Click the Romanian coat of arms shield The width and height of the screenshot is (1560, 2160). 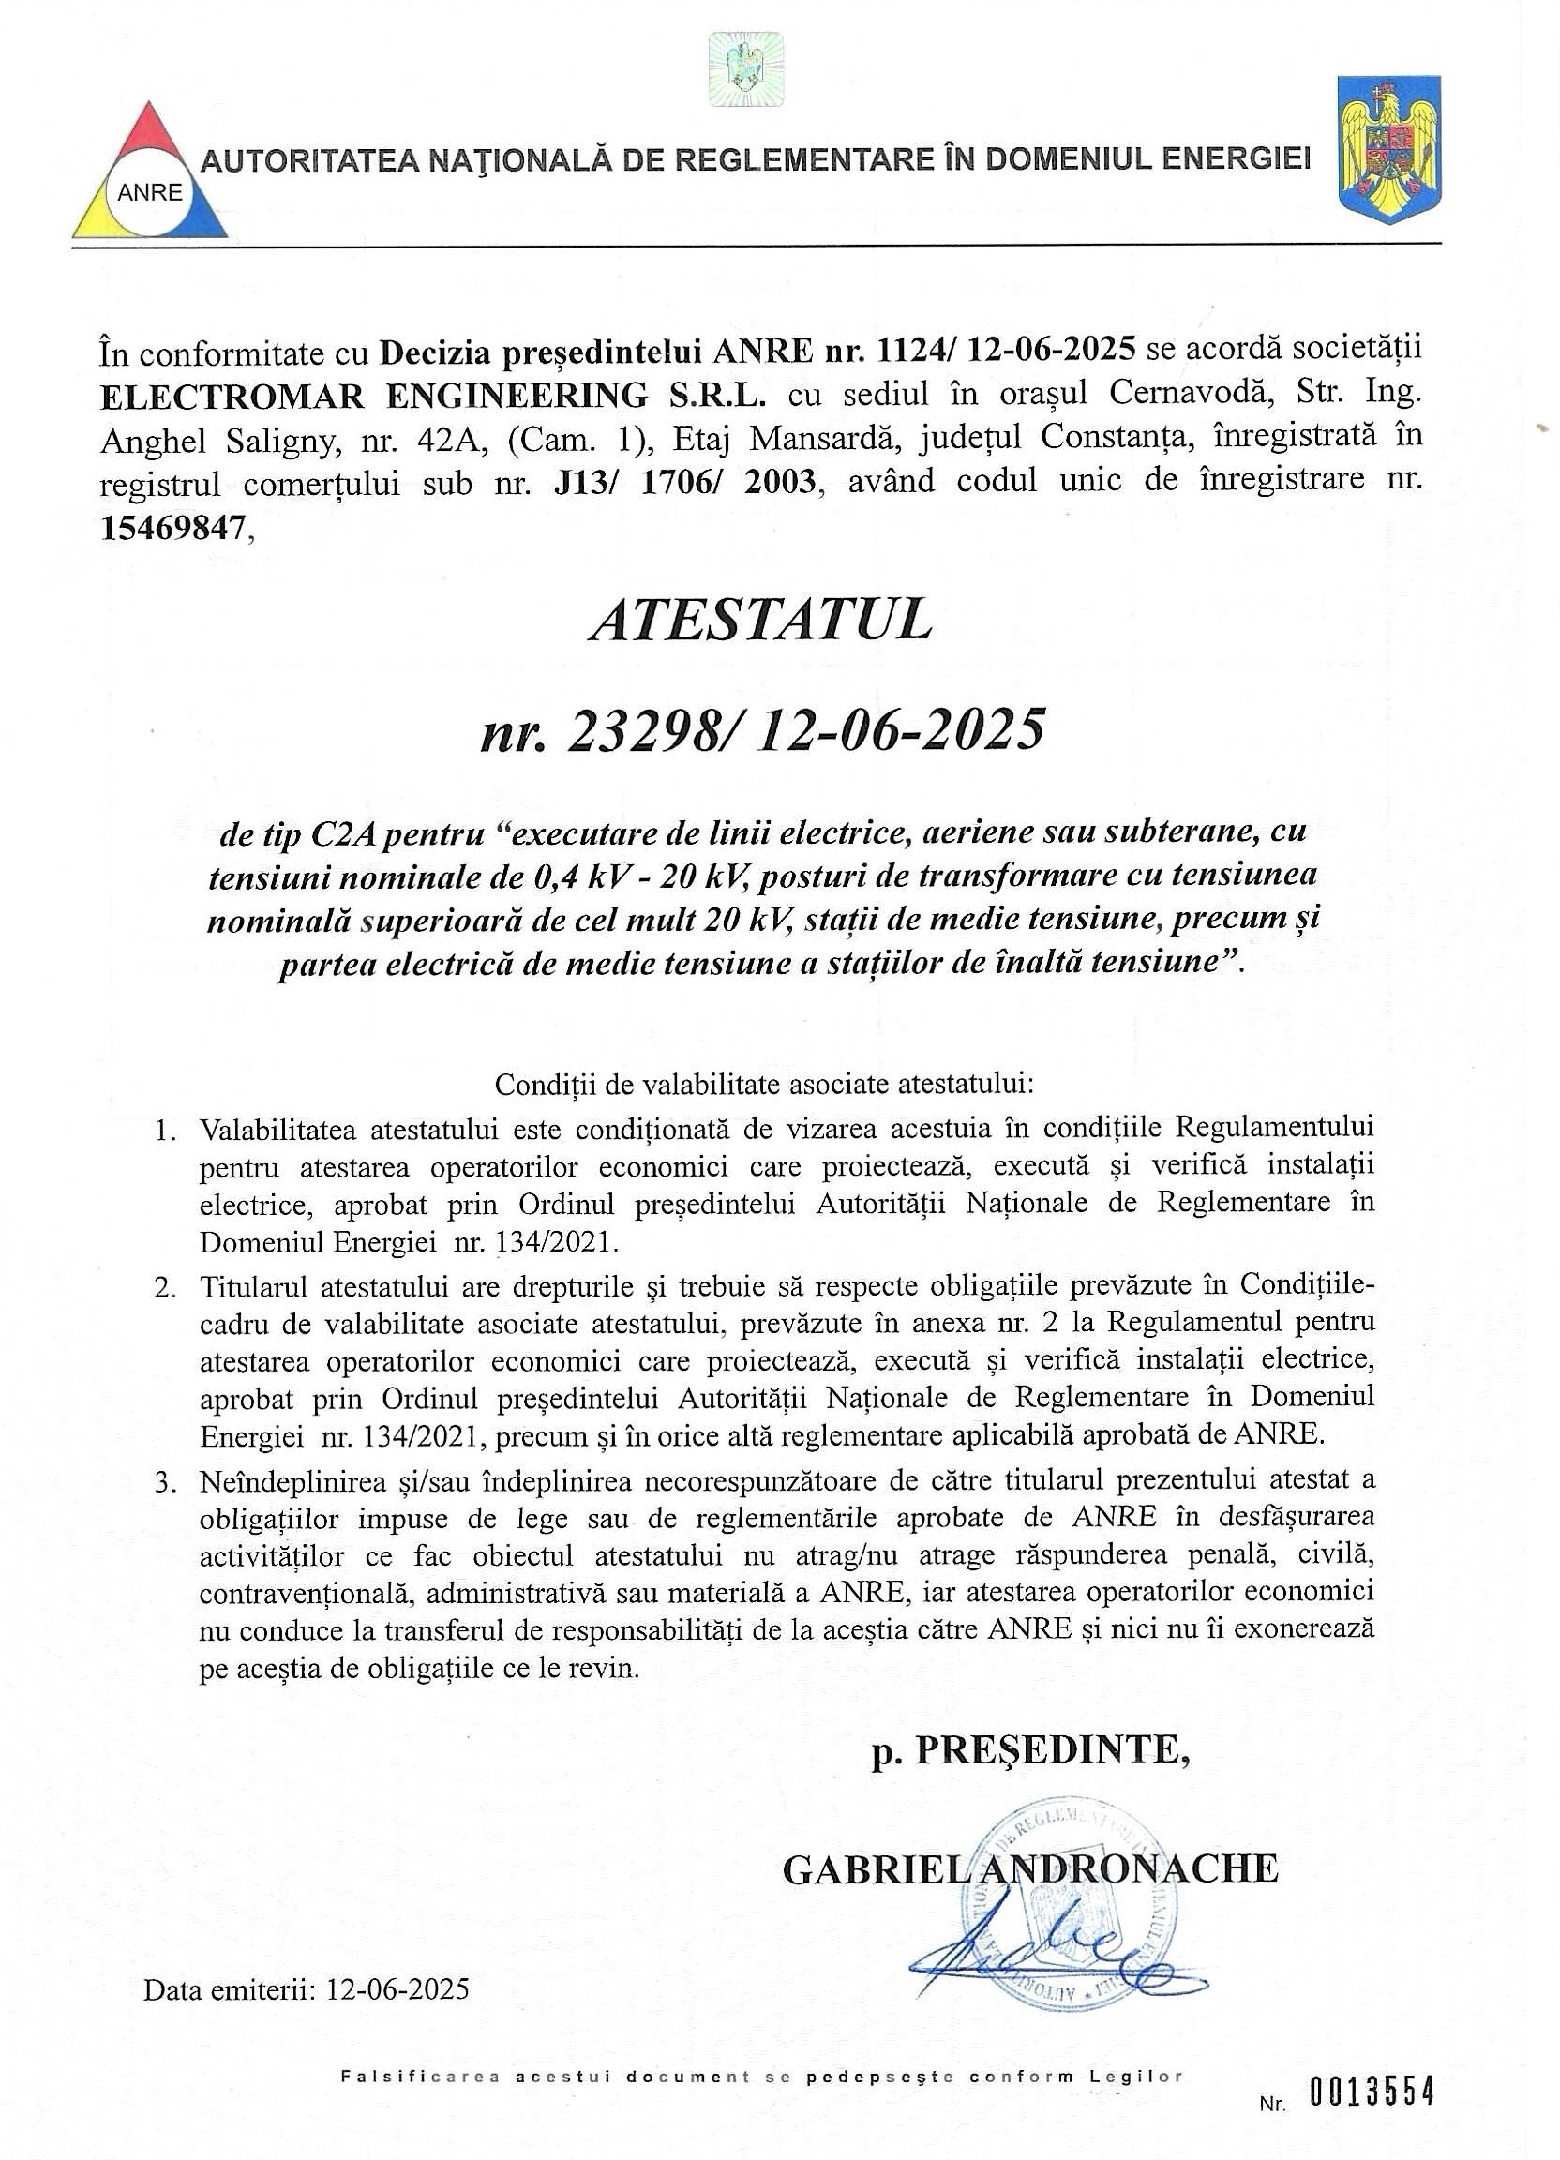tap(1389, 149)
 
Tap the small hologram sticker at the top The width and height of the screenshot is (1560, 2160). tap(745, 70)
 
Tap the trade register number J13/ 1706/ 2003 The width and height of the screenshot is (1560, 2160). tap(683, 482)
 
